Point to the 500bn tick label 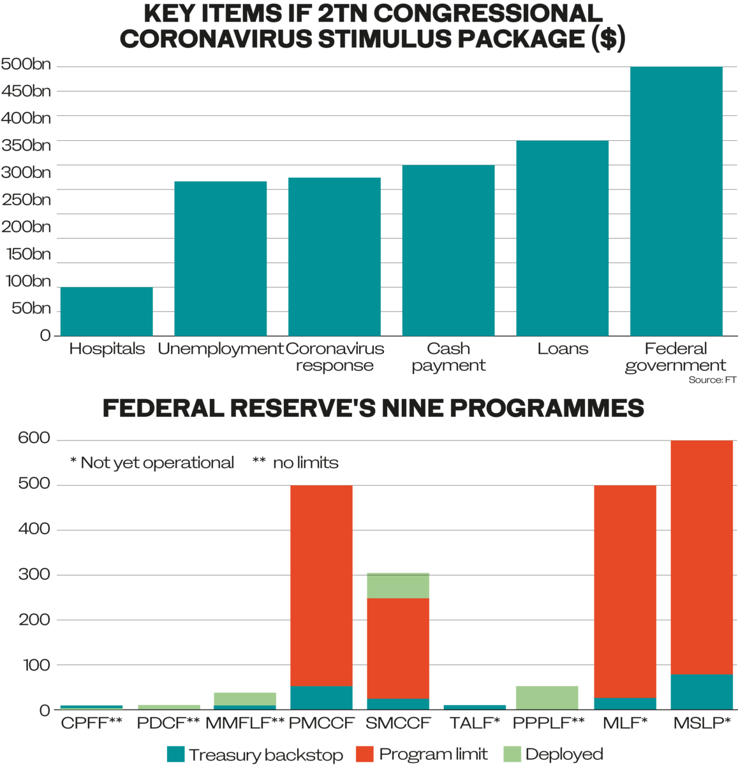tap(26, 64)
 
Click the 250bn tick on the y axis tap(26, 200)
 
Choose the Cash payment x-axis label tap(448, 357)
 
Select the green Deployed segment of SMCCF tap(398, 586)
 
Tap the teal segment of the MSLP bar tap(702, 692)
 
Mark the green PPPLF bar tap(547, 697)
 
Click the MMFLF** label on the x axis tap(245, 724)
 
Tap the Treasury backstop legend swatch tap(175, 755)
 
